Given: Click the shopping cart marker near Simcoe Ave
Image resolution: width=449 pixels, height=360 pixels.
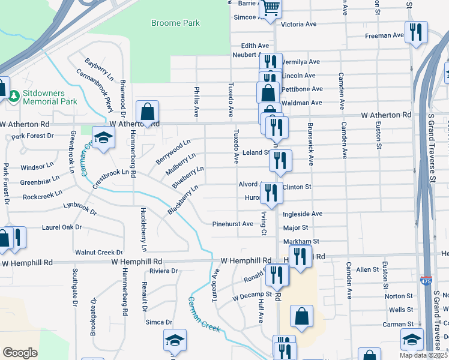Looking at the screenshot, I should coord(271,8).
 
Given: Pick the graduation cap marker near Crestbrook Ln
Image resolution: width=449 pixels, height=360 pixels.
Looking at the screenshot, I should coord(103,137).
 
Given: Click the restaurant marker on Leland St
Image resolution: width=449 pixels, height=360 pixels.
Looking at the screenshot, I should coord(280,160).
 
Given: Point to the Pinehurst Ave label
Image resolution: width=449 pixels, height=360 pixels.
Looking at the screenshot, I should coord(233,224).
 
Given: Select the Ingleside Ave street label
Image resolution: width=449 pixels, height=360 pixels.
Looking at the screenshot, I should coord(303,214).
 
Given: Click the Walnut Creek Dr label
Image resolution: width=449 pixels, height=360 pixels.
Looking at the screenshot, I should coord(98,253).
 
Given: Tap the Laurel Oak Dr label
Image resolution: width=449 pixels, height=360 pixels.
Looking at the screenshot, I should coord(62,227).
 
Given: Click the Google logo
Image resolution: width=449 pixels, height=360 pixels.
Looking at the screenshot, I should coord(20,352).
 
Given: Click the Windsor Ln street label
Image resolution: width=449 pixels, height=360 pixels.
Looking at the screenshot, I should coord(37,166).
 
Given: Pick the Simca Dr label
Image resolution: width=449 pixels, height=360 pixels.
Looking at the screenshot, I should coord(159,322).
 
